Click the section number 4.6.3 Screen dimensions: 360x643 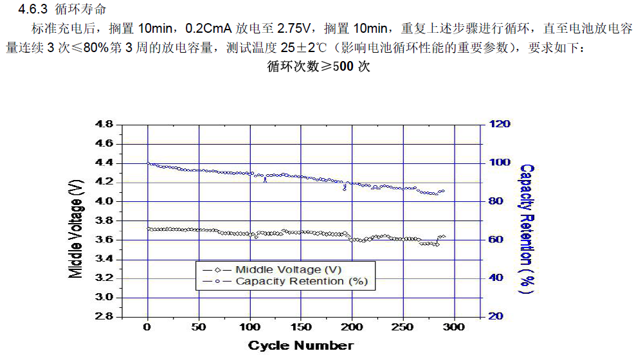(x=34, y=9)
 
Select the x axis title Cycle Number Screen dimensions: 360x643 (x=300, y=346)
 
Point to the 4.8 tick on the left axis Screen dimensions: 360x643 (x=104, y=124)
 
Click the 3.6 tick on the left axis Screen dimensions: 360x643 (x=104, y=240)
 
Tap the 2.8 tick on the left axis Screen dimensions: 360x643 (x=104, y=317)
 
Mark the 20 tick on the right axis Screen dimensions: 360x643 (x=496, y=317)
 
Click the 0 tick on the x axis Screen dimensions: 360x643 (x=148, y=328)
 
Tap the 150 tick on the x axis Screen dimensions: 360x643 (x=301, y=328)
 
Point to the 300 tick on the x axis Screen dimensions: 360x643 (x=455, y=328)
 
